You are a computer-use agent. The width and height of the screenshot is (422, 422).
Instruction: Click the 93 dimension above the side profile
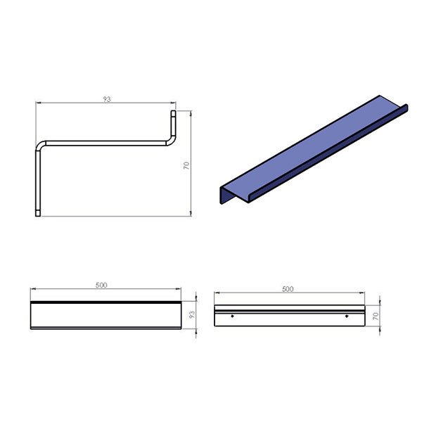(107, 99)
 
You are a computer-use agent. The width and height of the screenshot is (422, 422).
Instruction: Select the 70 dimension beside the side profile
(186, 165)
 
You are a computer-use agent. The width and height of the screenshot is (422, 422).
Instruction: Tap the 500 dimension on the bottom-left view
(101, 285)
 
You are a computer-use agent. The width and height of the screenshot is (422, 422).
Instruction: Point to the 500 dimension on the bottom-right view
(288, 289)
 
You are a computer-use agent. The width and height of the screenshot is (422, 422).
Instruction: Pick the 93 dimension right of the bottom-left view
(192, 315)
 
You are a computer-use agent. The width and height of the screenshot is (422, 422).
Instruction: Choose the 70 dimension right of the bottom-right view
(376, 316)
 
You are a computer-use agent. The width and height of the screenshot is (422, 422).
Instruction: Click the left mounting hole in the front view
(232, 316)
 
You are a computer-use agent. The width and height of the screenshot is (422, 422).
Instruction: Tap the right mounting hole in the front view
(347, 316)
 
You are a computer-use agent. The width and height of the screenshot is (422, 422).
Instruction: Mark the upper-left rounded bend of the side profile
(39, 144)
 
